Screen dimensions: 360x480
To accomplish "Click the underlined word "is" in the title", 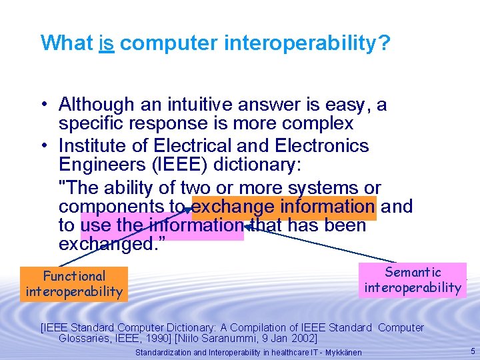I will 107,43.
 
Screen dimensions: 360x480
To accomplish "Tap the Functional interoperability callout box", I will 74,283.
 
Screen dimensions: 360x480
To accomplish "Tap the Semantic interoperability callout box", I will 413,279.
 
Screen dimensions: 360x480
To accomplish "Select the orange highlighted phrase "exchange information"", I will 283,207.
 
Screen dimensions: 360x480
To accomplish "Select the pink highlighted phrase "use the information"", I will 162,226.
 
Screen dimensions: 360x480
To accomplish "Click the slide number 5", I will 473,351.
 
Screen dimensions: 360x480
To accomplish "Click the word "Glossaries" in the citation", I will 83,339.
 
